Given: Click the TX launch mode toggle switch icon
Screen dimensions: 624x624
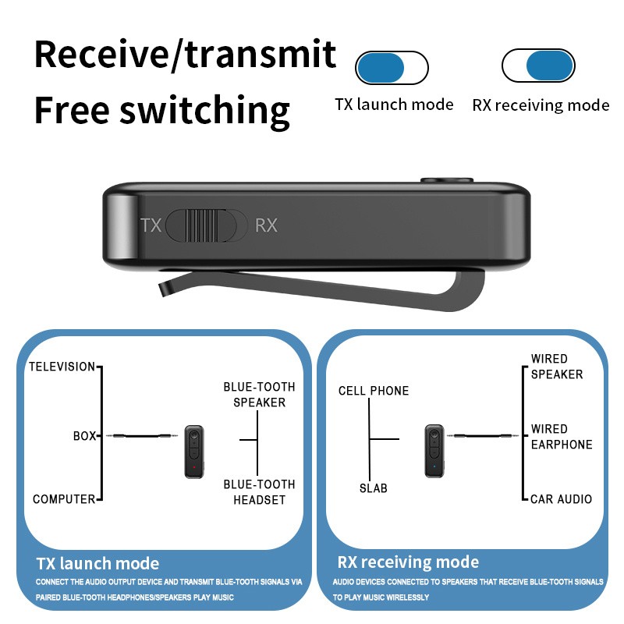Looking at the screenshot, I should point(392,68).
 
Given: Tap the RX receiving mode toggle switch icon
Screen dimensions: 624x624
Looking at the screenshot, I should point(538,66).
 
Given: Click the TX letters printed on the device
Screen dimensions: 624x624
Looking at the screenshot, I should point(151,225).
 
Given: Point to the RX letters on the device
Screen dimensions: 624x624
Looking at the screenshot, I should point(266,225).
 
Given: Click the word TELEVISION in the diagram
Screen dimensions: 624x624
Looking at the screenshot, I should point(62,367).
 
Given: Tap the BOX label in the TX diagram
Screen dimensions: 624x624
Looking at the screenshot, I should point(83,436).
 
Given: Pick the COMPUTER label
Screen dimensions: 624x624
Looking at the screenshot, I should point(64,499).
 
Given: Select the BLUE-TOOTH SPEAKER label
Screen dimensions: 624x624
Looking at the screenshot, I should point(259,395).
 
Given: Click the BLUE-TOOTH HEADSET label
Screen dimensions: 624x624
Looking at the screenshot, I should point(259,491).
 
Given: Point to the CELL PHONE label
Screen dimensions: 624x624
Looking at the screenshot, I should point(374,391).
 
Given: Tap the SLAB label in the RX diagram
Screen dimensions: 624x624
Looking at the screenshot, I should point(373,488).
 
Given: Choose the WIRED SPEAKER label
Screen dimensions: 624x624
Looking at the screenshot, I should point(556,367).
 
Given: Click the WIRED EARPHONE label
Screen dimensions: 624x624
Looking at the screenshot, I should point(561,437).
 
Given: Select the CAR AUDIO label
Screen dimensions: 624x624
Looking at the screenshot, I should point(561,499).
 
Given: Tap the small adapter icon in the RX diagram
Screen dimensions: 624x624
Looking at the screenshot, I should point(434,451).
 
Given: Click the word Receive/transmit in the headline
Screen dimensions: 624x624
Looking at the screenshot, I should point(186,55).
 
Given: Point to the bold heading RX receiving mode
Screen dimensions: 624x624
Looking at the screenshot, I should point(408,562).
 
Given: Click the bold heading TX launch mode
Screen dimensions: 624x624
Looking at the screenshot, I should point(97,563).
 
